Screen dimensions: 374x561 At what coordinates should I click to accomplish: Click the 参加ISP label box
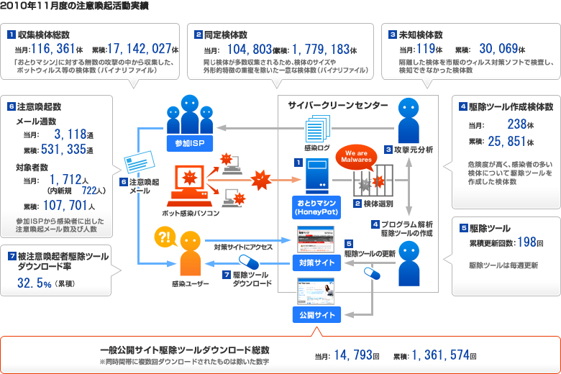click(189, 142)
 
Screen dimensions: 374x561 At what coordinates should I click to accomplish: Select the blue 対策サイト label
click(314, 263)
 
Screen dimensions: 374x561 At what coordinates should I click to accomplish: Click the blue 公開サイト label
click(314, 315)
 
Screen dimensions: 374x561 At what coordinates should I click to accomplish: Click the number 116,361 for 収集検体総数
click(55, 49)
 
